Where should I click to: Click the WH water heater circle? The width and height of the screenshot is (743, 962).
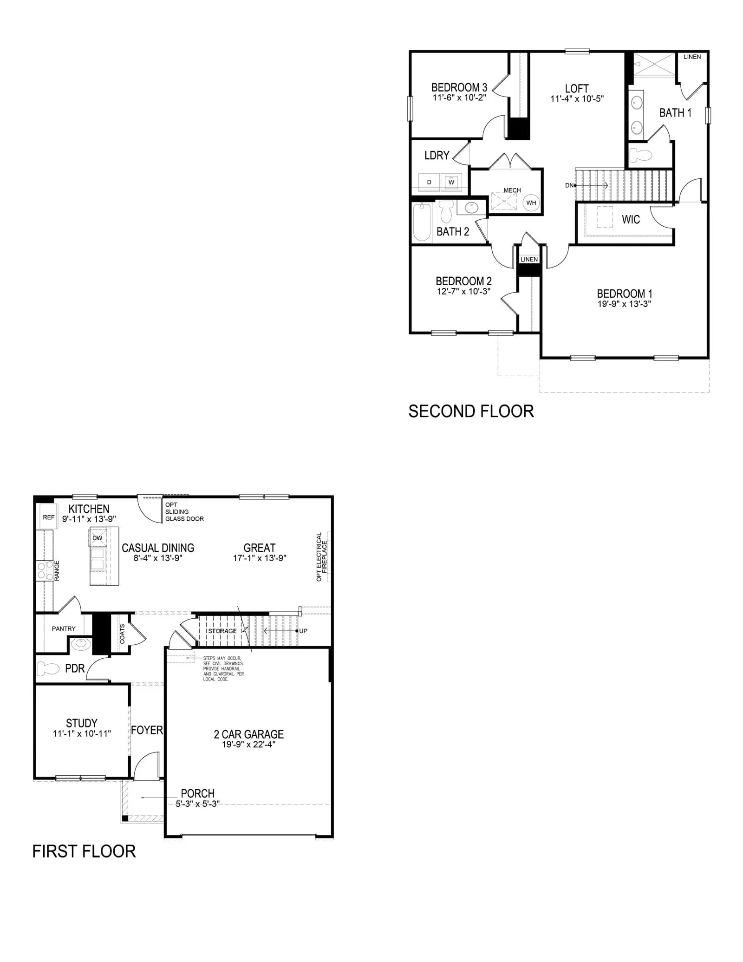click(531, 203)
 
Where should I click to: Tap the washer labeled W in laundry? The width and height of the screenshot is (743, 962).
click(451, 182)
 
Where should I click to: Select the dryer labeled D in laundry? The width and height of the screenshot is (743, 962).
click(429, 182)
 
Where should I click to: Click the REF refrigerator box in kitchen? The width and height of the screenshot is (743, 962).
click(48, 517)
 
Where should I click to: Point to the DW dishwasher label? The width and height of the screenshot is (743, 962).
click(97, 538)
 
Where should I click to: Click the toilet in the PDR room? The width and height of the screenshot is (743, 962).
click(48, 668)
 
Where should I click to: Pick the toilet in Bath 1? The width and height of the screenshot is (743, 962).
click(640, 155)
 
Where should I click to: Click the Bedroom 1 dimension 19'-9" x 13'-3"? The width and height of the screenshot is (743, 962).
click(624, 304)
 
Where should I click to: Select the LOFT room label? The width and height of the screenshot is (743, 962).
click(577, 88)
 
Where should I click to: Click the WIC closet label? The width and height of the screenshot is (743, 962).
click(631, 219)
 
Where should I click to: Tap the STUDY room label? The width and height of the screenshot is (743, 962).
click(82, 723)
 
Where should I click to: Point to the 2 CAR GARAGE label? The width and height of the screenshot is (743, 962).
click(249, 734)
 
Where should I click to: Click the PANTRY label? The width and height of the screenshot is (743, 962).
click(64, 628)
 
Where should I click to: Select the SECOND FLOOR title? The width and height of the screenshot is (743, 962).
click(471, 411)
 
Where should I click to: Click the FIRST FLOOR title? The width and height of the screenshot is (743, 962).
click(84, 851)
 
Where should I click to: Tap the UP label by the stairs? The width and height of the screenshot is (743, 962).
click(303, 631)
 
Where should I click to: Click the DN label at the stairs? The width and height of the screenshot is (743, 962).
click(569, 185)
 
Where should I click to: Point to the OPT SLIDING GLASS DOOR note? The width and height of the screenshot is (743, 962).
click(184, 511)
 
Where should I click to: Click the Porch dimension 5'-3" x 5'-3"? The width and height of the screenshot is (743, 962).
click(197, 804)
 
